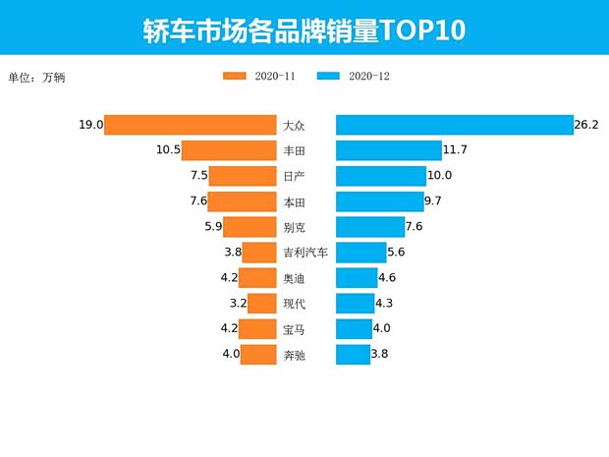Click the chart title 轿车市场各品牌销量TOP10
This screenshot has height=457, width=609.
click(x=304, y=30)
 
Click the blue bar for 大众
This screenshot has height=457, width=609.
click(x=454, y=126)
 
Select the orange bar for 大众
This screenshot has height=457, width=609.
click(x=190, y=126)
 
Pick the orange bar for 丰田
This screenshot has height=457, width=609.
click(x=229, y=150)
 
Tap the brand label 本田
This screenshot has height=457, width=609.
click(x=294, y=201)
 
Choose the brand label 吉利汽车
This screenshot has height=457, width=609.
click(x=304, y=253)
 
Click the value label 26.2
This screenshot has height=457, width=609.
click(x=587, y=126)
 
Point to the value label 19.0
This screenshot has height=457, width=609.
click(x=90, y=126)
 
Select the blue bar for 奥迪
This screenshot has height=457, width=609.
click(x=357, y=278)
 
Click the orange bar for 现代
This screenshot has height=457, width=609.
click(x=261, y=304)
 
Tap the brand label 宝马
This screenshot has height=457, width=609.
click(x=294, y=329)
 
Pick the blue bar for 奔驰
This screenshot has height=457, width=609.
click(x=353, y=355)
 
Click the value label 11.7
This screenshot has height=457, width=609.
click(x=456, y=150)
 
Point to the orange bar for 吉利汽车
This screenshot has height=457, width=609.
click(x=258, y=253)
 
